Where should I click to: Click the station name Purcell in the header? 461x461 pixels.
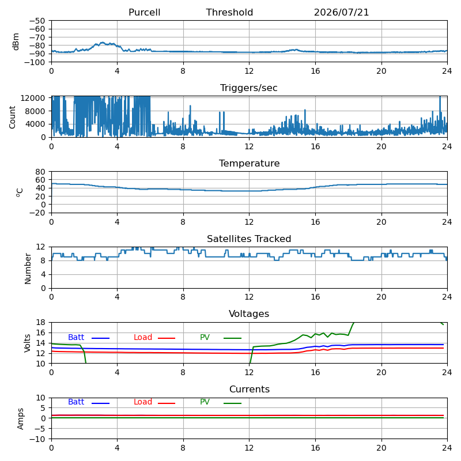[x=145, y=12]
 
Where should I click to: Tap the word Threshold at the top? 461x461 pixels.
[x=229, y=12]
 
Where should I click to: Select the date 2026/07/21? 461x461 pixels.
[x=341, y=12]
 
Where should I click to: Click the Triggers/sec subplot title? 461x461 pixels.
[x=249, y=88]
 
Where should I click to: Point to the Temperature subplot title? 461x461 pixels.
[x=250, y=163]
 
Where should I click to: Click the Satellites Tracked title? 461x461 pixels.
[x=249, y=239]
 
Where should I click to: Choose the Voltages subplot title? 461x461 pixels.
[x=249, y=313]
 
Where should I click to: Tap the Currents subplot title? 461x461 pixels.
[x=250, y=390]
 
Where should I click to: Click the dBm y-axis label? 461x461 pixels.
[x=16, y=41]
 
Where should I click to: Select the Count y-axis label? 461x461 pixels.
[x=12, y=117]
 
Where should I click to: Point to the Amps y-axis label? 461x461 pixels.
[x=20, y=419]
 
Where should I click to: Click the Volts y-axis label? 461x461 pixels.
[x=27, y=343]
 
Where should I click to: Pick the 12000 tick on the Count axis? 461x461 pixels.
[x=33, y=98]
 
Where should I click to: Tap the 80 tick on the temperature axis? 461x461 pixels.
[x=40, y=172]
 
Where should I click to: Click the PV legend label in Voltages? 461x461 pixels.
[x=205, y=337]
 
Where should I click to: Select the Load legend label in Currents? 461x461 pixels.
[x=143, y=402]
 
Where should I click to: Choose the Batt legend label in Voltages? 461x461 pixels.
[x=76, y=337]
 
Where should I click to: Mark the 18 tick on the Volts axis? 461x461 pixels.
[x=40, y=322]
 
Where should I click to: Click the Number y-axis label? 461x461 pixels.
[x=28, y=269]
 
